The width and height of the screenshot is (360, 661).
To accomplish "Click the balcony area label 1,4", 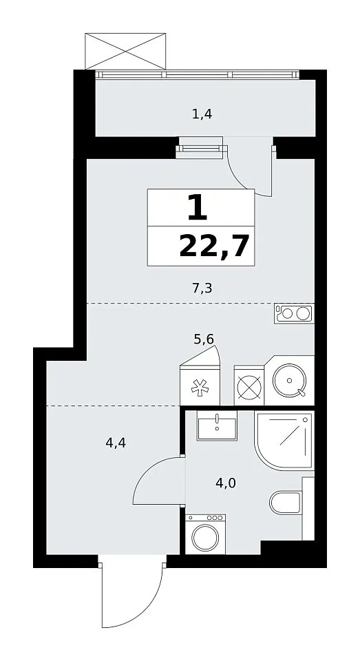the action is click(x=202, y=114).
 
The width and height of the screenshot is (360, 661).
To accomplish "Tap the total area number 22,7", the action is click(x=213, y=246).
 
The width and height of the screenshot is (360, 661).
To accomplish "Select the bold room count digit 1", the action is click(x=198, y=208).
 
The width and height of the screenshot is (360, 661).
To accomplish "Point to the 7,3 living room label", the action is click(x=202, y=288).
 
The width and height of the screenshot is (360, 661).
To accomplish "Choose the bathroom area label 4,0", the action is click(x=226, y=483).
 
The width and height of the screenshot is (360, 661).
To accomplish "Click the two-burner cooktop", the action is click(x=294, y=313).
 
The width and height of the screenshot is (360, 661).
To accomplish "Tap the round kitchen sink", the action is click(x=289, y=381).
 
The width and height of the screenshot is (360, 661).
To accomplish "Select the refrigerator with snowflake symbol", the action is click(x=200, y=386).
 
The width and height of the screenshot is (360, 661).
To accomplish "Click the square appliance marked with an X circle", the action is click(x=248, y=386).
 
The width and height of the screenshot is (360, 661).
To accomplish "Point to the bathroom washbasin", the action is click(x=217, y=425).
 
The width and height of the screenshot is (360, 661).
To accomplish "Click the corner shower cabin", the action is click(x=284, y=440).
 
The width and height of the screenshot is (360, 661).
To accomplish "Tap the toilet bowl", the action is click(x=286, y=503).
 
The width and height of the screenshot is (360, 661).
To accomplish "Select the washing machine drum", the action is click(x=205, y=538).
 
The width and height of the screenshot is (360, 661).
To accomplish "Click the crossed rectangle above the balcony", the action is click(x=125, y=51).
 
